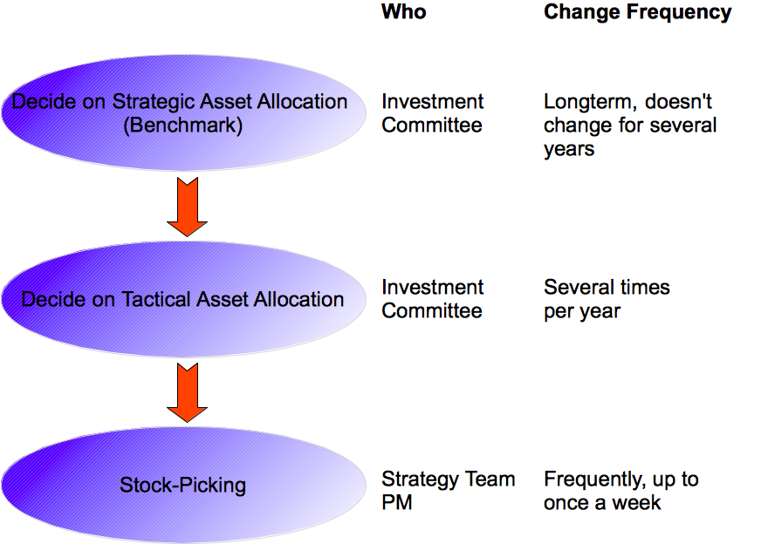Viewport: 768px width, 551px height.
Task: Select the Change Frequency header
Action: click(637, 12)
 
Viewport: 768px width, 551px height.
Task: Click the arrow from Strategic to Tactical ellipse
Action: click(187, 206)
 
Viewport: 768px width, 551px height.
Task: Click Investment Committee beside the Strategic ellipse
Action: click(432, 113)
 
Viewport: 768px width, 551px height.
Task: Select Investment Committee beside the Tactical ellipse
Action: click(432, 299)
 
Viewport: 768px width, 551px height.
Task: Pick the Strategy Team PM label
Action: click(448, 491)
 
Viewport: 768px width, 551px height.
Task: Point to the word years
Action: click(569, 149)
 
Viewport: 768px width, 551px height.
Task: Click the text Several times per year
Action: click(607, 299)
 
